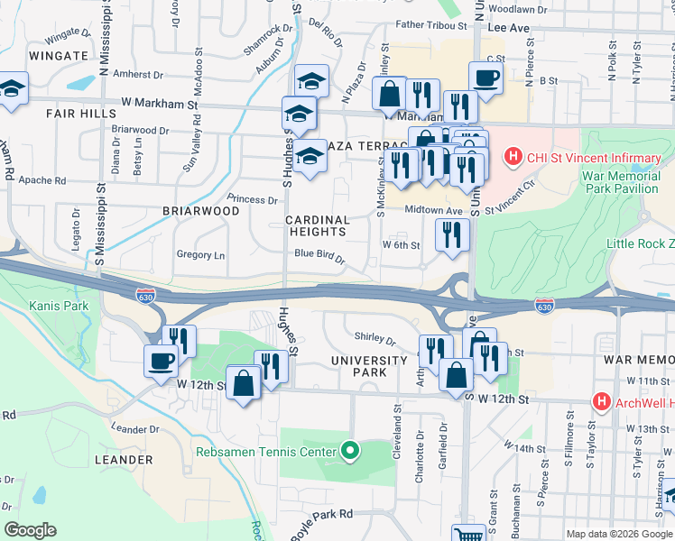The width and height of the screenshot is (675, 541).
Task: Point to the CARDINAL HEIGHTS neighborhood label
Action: tap(317, 226)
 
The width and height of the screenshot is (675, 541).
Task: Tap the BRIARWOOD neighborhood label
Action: tap(200, 210)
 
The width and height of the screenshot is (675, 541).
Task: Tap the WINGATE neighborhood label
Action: tap(57, 55)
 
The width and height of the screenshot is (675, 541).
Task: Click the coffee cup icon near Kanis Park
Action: tap(162, 361)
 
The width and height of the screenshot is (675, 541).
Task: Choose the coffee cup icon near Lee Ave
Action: tap(485, 78)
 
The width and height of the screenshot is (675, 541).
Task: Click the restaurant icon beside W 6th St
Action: tap(452, 234)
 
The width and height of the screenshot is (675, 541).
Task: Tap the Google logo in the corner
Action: tap(31, 530)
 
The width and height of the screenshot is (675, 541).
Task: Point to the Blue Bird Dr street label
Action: tap(319, 255)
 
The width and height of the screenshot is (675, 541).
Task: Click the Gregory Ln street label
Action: tap(200, 255)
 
